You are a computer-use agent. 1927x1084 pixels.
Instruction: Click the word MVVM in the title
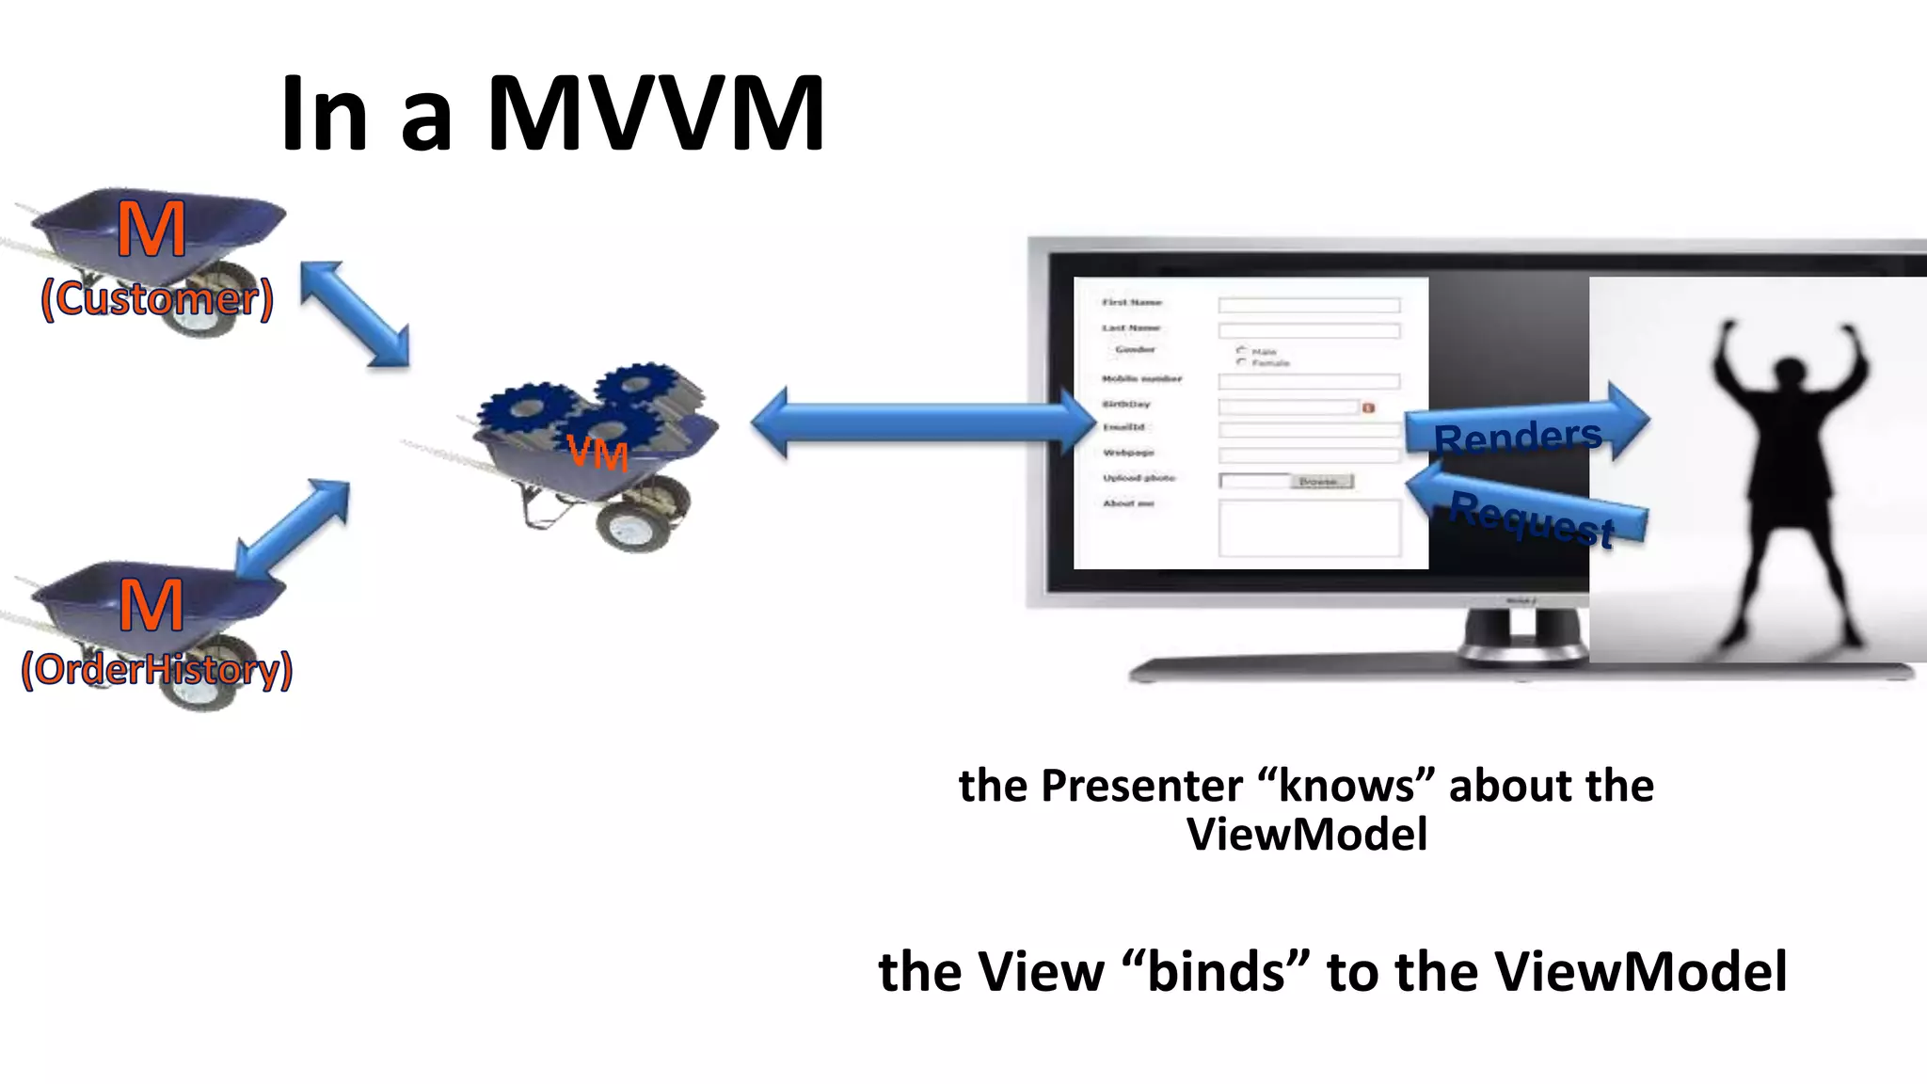(656, 114)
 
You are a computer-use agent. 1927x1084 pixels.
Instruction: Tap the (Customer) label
(157, 299)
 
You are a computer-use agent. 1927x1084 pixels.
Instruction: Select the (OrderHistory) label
(157, 670)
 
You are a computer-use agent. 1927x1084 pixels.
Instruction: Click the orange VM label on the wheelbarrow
(598, 453)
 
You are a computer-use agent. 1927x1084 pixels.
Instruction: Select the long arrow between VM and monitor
(922, 422)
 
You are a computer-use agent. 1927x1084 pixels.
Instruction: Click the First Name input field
(1309, 305)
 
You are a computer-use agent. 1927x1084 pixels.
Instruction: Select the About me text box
(1309, 528)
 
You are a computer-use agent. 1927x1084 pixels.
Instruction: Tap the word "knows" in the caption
(1346, 786)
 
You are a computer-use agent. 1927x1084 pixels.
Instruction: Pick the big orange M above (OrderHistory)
(151, 604)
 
